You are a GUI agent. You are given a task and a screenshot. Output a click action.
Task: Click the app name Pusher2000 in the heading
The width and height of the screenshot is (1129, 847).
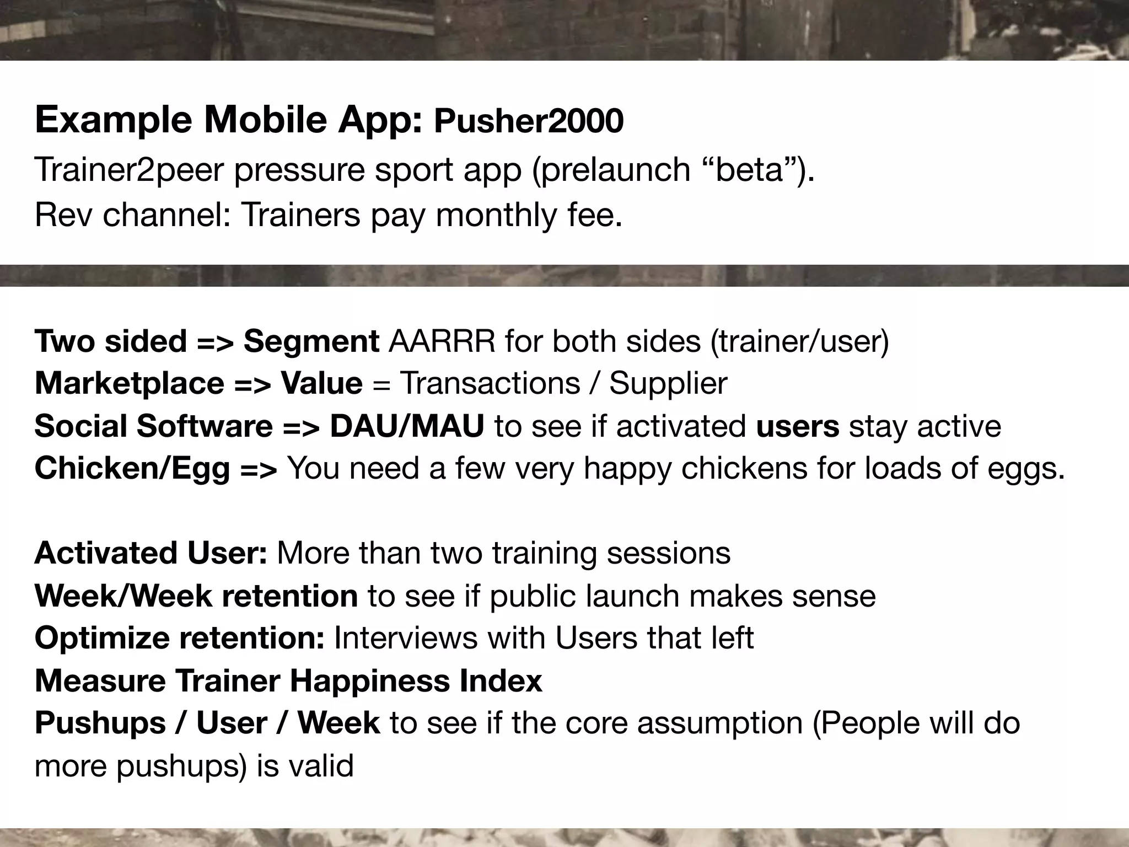coord(528,121)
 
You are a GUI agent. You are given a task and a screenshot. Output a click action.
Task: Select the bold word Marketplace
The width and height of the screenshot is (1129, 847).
coord(129,383)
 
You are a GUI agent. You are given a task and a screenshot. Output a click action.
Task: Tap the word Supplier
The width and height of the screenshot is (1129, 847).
coord(668,383)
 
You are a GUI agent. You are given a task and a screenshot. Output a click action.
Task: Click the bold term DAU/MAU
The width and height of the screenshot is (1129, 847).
coord(407,426)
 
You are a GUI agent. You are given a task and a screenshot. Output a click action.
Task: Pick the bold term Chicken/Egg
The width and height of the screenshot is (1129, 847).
coord(132,468)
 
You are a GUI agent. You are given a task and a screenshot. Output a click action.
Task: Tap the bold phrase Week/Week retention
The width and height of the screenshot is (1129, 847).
coord(196,596)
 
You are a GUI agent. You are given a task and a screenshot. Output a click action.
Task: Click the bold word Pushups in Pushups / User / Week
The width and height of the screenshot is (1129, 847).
coord(100,723)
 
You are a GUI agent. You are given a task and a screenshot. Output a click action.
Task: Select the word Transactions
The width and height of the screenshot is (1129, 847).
coord(490,383)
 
